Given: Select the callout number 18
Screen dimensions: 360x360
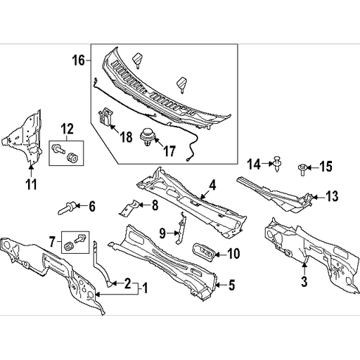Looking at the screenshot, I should pos(126,139).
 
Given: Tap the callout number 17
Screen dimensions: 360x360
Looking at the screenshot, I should pos(169,150).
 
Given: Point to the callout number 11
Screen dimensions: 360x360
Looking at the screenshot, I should pos(31,185).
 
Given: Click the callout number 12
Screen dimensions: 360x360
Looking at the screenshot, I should pos(66,129).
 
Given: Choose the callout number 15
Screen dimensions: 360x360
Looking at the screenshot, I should pos(325,166).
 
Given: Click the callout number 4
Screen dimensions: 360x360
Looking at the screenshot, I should pos(212,186).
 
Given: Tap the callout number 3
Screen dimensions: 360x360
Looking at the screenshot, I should pos(304,282).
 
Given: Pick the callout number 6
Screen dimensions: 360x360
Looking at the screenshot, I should pos(91,206).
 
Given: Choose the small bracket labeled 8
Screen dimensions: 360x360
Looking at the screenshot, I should pos(126,205).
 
